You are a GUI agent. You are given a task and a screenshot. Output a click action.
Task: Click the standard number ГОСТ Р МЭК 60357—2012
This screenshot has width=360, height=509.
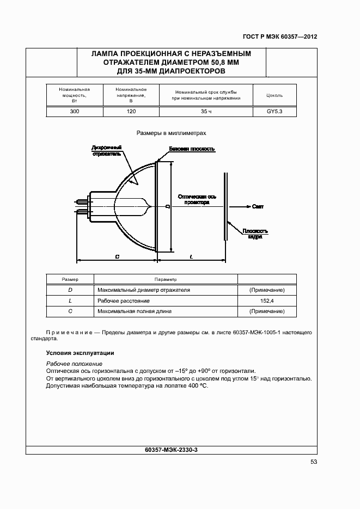[280, 37]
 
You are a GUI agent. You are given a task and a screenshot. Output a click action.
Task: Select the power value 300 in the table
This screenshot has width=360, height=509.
[74, 112]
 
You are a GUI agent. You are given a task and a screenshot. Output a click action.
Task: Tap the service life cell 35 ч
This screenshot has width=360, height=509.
[205, 112]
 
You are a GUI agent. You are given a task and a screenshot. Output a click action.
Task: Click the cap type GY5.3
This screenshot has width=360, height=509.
[274, 112]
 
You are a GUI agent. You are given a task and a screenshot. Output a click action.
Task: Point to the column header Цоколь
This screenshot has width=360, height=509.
[274, 95]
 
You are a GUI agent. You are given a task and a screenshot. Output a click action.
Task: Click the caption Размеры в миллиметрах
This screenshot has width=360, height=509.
[172, 132]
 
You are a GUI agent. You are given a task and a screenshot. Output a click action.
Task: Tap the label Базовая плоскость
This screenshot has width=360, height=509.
[192, 149]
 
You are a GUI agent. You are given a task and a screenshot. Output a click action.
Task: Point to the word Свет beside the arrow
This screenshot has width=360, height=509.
[258, 207]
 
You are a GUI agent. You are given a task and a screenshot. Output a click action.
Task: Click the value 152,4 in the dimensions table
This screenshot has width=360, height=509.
[267, 301]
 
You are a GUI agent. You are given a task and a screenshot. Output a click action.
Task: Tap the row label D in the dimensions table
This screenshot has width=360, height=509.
[70, 290]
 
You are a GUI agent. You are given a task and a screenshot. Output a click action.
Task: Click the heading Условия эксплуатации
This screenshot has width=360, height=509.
[80, 353]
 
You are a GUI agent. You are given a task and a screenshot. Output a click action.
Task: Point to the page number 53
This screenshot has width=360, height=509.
[313, 462]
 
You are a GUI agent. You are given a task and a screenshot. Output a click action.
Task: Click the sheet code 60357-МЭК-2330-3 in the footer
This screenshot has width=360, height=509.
[172, 450]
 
